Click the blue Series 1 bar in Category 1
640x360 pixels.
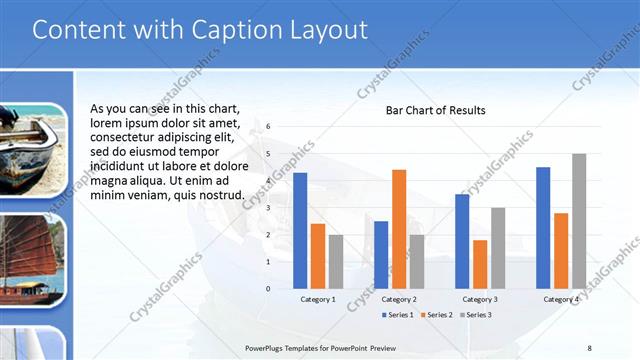tap(300, 230)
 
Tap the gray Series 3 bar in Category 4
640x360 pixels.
tap(579, 221)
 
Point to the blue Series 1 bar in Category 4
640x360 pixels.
tap(543, 227)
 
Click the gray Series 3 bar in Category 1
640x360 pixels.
tap(336, 261)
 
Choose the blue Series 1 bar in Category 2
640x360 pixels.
tap(381, 254)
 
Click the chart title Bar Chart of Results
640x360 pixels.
tap(436, 110)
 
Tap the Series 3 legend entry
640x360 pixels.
tap(476, 315)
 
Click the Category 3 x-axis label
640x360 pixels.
tap(480, 299)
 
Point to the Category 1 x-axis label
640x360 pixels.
tap(318, 299)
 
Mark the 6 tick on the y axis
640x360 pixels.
tap(268, 127)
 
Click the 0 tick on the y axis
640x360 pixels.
tap(268, 288)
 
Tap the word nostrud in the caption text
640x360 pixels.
tap(222, 194)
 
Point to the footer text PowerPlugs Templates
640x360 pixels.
tap(290, 347)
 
